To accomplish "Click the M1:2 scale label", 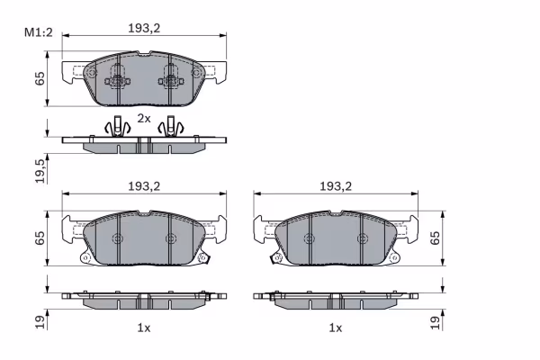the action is pyautogui.click(x=38, y=32).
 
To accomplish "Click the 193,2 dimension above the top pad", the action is pyautogui.click(x=144, y=28).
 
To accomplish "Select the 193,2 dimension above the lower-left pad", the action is pyautogui.click(x=144, y=186).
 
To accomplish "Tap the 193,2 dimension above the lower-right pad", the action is pyautogui.click(x=336, y=186).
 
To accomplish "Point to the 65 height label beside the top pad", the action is pyautogui.click(x=40, y=79).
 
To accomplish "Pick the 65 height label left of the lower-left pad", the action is pyautogui.click(x=40, y=238).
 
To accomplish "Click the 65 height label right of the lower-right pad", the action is pyautogui.click(x=436, y=238).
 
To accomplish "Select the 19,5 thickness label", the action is pyautogui.click(x=40, y=170).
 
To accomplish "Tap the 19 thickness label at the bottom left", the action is pyautogui.click(x=40, y=322).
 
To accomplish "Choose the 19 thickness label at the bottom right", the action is pyautogui.click(x=436, y=322).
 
